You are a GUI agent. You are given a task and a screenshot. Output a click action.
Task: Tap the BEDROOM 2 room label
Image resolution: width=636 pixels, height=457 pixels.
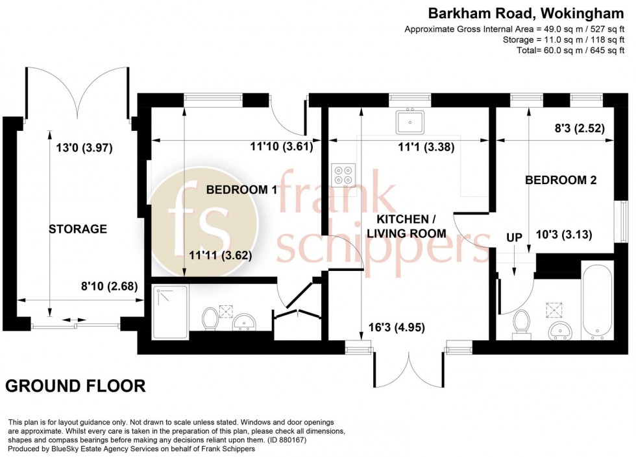[561, 180]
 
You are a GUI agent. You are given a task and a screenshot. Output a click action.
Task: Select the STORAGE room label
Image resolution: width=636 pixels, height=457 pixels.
[78, 229]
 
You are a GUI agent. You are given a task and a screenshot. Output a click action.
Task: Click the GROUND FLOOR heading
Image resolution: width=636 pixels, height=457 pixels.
[75, 386]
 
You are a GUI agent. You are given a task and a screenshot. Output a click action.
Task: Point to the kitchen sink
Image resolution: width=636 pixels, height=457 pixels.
[410, 121]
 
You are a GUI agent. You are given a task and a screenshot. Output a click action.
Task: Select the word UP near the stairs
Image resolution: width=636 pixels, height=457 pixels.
[514, 238]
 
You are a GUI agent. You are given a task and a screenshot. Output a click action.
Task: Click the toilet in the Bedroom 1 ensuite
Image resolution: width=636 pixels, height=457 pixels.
[210, 318]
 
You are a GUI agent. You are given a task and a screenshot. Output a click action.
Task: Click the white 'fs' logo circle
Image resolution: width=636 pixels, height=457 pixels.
[198, 215]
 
